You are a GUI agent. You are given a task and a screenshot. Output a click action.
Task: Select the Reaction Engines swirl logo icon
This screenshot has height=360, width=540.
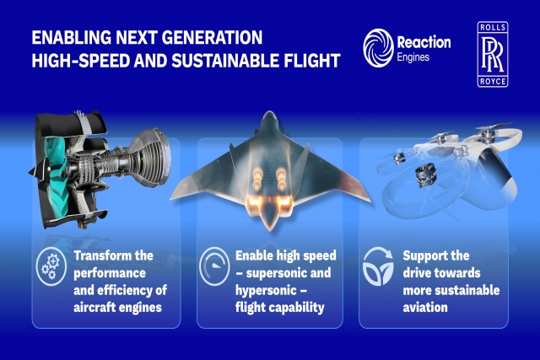(378, 48)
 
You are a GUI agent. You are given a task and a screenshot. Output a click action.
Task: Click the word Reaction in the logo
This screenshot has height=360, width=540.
(424, 42)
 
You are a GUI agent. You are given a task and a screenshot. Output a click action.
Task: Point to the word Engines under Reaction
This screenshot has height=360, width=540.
(413, 57)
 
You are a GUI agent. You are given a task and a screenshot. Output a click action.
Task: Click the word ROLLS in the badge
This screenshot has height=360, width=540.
(493, 28)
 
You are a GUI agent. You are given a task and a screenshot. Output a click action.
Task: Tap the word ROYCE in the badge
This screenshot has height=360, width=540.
(493, 82)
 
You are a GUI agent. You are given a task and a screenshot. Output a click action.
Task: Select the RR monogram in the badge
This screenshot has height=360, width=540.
(493, 55)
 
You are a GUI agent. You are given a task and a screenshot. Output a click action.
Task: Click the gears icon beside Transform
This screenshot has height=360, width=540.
(51, 266)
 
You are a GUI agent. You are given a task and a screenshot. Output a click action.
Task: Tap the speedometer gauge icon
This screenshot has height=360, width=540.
(214, 266)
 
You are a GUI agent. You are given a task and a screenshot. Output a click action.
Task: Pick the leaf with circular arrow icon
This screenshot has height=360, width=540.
(378, 266)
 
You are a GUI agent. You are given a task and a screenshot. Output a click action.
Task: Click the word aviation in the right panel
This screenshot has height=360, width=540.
(425, 308)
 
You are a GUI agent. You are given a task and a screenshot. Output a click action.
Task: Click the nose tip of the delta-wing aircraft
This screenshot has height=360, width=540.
(270, 113)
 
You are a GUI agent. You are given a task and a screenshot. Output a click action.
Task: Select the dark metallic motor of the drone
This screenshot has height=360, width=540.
(426, 175)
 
